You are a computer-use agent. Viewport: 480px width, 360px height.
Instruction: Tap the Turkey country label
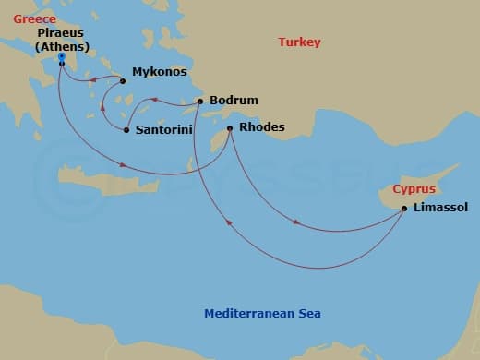point(300,42)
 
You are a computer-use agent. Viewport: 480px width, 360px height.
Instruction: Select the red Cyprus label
point(413,188)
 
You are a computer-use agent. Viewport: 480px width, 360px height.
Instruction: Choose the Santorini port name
point(164,130)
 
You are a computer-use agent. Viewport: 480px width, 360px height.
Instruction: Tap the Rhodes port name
point(261,127)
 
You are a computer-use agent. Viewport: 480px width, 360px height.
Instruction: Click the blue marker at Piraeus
point(61,58)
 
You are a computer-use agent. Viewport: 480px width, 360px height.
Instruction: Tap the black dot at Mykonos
point(123,80)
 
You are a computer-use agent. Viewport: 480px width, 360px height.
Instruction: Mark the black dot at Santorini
point(126,130)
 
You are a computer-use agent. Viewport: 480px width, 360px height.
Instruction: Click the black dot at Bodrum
point(200,101)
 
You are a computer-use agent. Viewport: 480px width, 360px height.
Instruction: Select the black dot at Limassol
point(404,209)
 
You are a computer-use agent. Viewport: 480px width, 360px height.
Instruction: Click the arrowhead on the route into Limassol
point(295,222)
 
